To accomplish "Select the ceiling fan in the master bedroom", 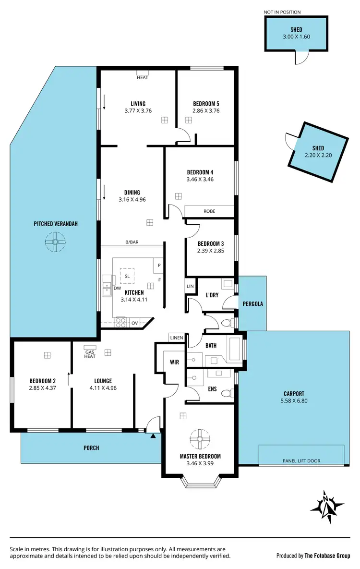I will [x=200, y=439].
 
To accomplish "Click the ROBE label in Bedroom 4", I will [x=209, y=211].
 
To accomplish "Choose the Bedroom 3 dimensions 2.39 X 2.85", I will [x=211, y=250].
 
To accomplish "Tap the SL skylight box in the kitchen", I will [x=127, y=276].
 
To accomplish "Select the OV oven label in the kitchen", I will [x=134, y=323].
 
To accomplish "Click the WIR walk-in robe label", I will [x=175, y=362].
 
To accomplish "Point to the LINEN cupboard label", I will [x=176, y=338].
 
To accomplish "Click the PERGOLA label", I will [x=252, y=304].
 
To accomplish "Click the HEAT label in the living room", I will [x=143, y=77].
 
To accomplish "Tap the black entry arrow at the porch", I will [x=153, y=436].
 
